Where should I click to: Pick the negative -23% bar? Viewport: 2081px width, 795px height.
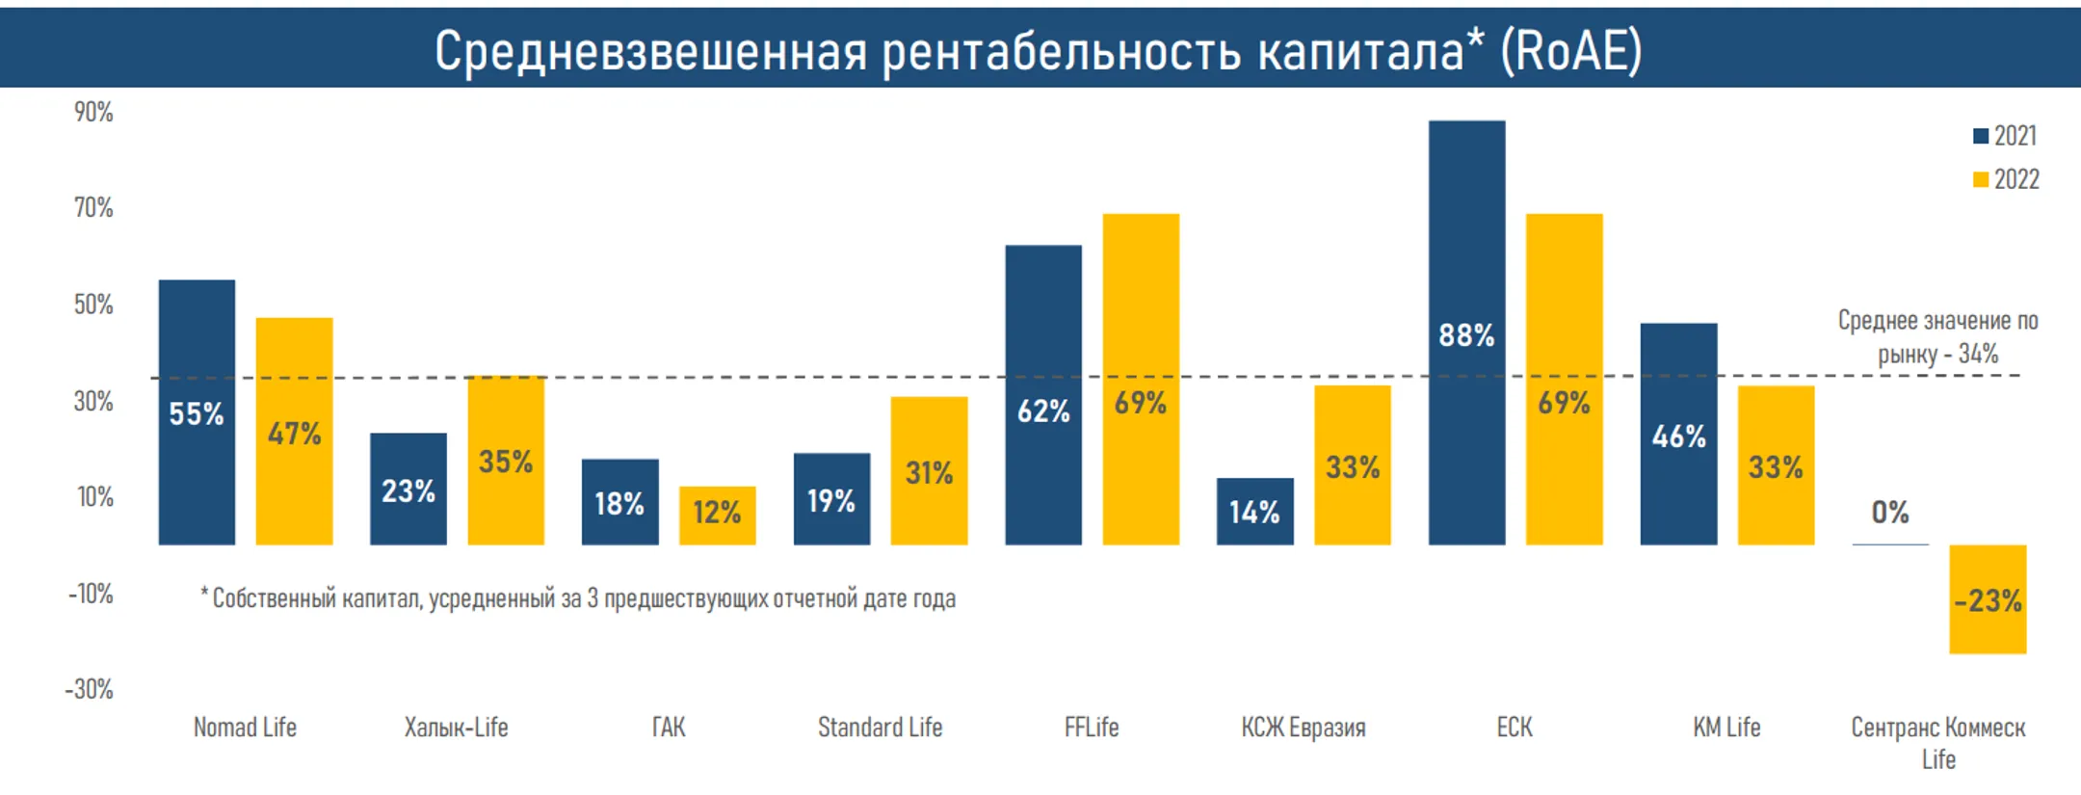point(1988,599)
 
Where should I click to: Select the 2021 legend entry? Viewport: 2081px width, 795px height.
point(2005,136)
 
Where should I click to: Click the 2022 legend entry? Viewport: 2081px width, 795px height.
point(2006,179)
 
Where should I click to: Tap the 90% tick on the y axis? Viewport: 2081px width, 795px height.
point(93,113)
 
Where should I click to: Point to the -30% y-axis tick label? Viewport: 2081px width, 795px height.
point(90,689)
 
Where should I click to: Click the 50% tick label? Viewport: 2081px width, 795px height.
point(93,305)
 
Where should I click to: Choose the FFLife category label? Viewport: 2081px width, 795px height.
point(1092,728)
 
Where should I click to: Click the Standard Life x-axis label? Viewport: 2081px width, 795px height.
point(880,728)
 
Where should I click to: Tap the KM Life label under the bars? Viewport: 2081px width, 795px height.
point(1726,728)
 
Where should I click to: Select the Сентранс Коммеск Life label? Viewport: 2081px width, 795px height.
point(1938,742)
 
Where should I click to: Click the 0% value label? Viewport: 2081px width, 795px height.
point(1890,512)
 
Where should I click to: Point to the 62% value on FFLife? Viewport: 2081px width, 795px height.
point(1043,411)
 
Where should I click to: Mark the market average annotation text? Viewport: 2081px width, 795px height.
point(1937,337)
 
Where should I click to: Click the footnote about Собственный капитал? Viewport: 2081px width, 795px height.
point(578,598)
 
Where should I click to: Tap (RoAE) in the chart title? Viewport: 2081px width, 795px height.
point(1570,50)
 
